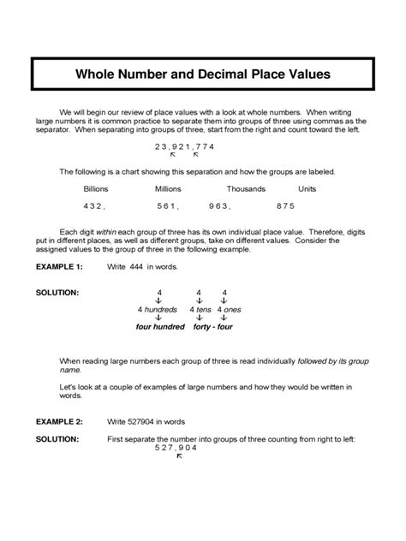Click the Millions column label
168,188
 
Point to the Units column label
307,188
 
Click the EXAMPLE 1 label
58,267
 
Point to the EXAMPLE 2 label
58,422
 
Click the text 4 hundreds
158,309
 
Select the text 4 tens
200,309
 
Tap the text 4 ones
229,309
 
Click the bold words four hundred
160,326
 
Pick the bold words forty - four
212,326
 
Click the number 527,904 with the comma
176,448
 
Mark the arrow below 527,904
179,456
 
